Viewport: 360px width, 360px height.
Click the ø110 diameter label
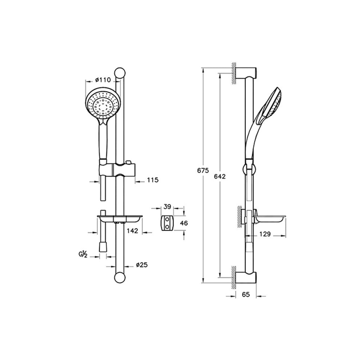coord(103,80)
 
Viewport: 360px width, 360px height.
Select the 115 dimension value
coord(153,180)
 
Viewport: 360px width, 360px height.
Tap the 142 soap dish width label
coord(132,230)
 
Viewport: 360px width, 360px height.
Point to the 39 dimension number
coord(167,207)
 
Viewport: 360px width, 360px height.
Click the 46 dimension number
coord(184,223)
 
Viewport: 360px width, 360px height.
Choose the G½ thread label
coord(83,255)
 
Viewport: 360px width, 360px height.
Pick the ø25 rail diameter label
coord(141,265)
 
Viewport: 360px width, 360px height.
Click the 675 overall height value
coord(203,171)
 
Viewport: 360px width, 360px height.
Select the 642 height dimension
coord(220,176)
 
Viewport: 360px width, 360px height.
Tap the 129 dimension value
coord(265,234)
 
